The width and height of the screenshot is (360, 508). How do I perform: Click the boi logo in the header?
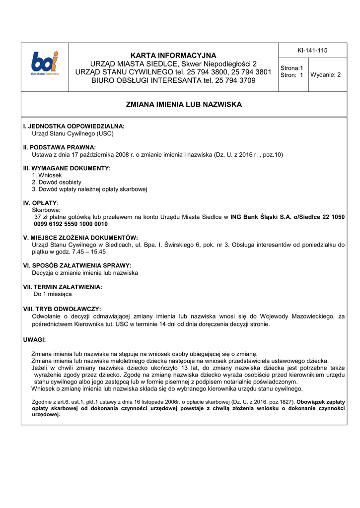coord(45,63)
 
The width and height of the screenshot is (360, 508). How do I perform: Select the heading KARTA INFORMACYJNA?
coord(173,55)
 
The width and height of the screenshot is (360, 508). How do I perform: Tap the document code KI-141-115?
coord(312,51)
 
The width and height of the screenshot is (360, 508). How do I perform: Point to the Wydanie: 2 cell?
coord(326,75)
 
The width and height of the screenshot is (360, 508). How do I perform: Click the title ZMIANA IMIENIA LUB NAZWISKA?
coord(184,105)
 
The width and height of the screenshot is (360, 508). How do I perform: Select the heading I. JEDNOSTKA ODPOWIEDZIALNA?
coord(74,127)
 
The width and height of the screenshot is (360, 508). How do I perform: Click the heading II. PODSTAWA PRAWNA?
coord(60,147)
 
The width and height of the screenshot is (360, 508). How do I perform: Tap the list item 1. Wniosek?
coord(47,175)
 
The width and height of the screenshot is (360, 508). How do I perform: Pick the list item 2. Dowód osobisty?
coord(57,182)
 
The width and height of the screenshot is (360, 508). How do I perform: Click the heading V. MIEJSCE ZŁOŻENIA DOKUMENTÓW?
coord(80,238)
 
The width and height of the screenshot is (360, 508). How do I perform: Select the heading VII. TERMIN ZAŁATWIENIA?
coord(63,287)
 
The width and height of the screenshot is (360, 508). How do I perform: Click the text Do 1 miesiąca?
coord(52,294)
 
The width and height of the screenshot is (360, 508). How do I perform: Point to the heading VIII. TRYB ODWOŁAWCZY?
coord(62,309)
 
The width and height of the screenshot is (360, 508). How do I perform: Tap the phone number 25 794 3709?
coord(233,80)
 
